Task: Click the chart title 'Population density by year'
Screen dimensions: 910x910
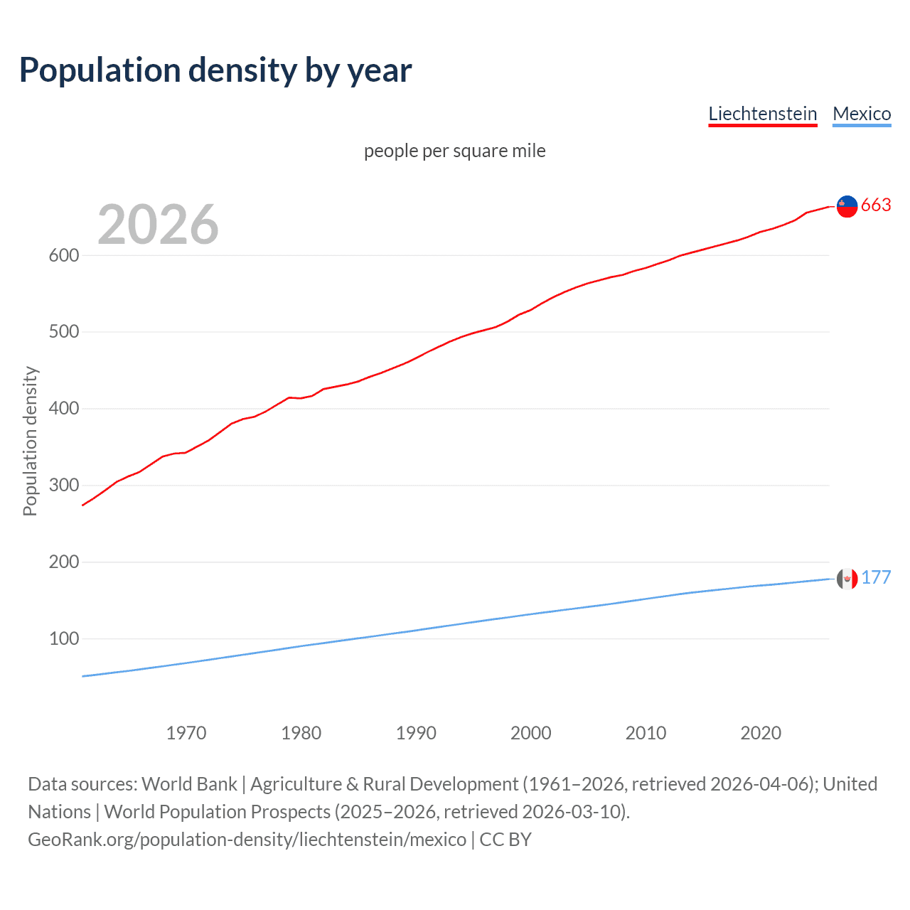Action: pos(215,70)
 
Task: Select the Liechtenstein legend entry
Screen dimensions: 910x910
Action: pos(762,114)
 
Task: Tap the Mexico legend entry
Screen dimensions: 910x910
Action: pos(862,114)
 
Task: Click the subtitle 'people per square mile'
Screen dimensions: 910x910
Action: pos(455,151)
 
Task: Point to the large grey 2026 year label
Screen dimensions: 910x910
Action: pos(158,225)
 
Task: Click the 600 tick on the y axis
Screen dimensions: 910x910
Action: pos(63,255)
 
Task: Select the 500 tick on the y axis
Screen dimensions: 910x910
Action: pos(63,332)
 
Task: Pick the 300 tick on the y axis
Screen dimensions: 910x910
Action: pos(63,486)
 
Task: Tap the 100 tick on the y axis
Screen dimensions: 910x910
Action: pos(63,639)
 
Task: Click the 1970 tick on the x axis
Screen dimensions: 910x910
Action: pos(186,733)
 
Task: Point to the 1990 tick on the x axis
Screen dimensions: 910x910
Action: pos(416,733)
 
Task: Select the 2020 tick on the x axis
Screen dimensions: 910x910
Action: pos(761,733)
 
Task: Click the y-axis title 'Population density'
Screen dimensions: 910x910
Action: pos(30,441)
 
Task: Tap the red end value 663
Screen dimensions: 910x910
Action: pos(876,205)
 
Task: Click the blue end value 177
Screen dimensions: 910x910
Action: pos(876,578)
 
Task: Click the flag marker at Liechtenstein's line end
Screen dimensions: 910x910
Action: pos(847,206)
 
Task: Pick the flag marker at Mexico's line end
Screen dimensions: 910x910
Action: pos(847,579)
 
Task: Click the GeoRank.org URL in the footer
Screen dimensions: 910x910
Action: pos(247,840)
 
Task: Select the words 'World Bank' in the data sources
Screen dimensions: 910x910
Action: pos(189,784)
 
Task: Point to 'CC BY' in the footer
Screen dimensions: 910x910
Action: pos(505,840)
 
